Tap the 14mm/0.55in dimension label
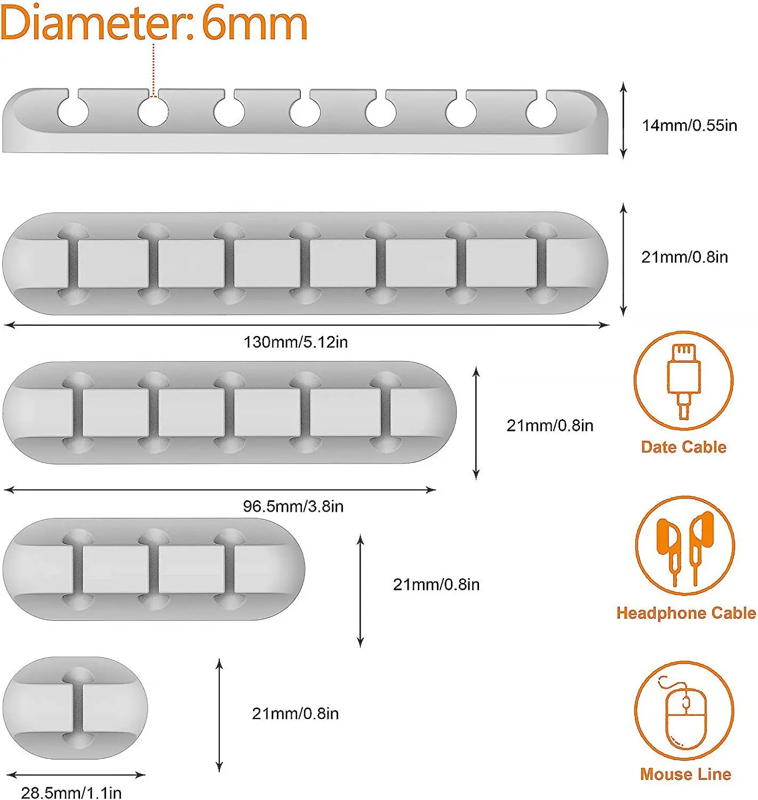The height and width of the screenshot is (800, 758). pos(689,125)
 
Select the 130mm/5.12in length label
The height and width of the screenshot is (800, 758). pos(296,342)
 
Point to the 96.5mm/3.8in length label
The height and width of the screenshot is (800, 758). pos(293,506)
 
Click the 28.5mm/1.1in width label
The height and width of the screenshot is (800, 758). pos(71,793)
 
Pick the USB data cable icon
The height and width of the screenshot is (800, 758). pos(683,380)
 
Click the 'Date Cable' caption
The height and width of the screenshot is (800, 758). pos(683,447)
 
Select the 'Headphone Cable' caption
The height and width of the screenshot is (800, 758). pos(686,613)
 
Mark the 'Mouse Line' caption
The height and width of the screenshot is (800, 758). pos(685,774)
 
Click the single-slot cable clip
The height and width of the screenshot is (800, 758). pos(75,708)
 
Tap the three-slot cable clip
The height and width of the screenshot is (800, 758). pos(154,569)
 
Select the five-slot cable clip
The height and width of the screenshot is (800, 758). pos(229,412)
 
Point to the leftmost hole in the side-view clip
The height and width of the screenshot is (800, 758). pos(73,112)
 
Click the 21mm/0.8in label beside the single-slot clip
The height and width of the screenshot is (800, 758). pos(295,714)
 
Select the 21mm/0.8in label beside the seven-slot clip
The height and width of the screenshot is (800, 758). pos(684,257)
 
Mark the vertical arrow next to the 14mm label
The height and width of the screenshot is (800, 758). pos(623,121)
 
